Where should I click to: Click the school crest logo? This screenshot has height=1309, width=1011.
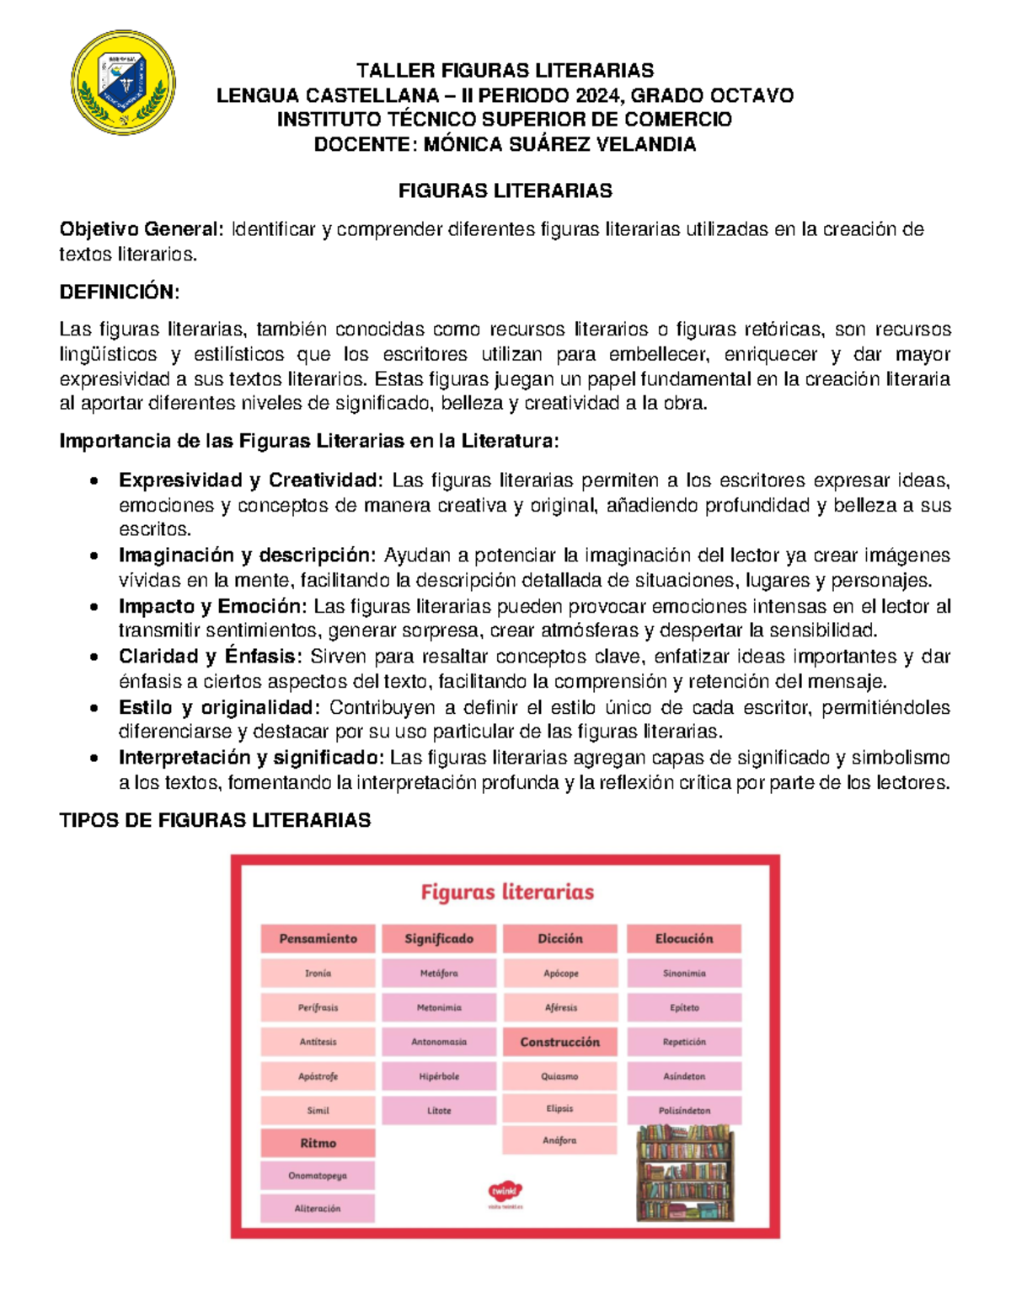click(x=123, y=83)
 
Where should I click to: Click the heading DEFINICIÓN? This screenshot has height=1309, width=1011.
click(x=119, y=292)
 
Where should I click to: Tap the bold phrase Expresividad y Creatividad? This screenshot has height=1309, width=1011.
click(x=250, y=480)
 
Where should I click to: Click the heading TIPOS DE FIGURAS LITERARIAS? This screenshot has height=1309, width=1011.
click(x=215, y=820)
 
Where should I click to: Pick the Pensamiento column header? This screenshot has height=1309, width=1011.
click(x=318, y=938)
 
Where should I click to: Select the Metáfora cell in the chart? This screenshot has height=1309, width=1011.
click(x=439, y=974)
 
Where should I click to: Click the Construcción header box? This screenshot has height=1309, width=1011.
click(x=559, y=1042)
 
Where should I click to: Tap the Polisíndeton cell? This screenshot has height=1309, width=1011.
click(x=684, y=1110)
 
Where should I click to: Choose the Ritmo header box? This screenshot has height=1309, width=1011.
click(x=318, y=1143)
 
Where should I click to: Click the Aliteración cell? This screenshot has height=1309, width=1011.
click(x=318, y=1208)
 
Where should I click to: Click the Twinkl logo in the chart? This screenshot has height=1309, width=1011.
click(x=505, y=1193)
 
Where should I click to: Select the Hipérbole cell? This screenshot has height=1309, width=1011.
click(x=439, y=1076)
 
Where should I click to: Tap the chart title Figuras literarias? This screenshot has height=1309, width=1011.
click(x=507, y=892)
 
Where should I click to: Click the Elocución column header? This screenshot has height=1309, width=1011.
click(x=684, y=938)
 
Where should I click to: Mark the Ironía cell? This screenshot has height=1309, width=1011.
click(x=318, y=974)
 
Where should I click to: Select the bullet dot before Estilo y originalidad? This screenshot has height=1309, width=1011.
click(x=94, y=709)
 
